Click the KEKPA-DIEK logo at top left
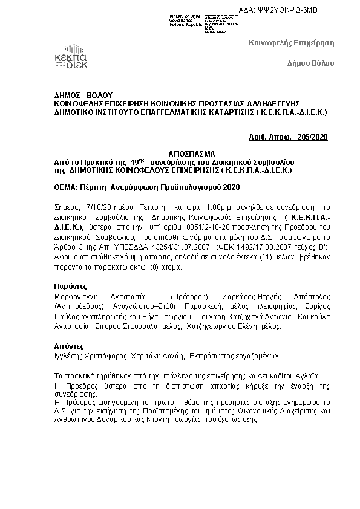coord(71,57)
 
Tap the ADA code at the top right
coord(295,11)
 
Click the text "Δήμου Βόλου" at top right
coord(310,63)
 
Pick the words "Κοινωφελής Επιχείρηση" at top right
coord(292,42)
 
